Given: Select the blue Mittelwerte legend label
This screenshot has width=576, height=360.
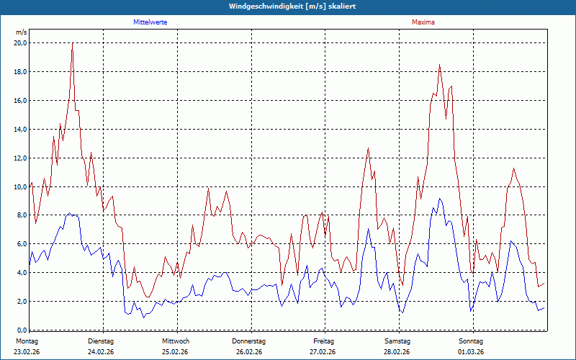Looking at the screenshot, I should click(150, 22).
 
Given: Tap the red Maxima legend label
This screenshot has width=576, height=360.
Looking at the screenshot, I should click(423, 22).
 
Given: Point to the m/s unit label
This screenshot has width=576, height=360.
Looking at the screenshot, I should click(21, 32).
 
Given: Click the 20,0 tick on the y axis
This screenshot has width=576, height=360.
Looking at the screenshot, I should click(20, 42).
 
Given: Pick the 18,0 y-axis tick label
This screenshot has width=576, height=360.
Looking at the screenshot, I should click(20, 71).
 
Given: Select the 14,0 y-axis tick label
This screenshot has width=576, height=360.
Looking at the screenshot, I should click(20, 129).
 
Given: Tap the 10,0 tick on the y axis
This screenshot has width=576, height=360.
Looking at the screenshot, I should click(20, 186).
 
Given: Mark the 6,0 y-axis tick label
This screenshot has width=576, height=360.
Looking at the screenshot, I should click(22, 244).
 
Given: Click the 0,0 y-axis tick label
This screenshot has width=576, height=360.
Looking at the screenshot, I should click(22, 330).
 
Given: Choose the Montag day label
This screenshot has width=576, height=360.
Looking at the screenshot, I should click(27, 341).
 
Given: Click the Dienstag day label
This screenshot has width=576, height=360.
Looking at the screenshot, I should click(101, 341).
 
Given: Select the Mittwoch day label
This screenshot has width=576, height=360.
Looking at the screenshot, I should click(176, 341).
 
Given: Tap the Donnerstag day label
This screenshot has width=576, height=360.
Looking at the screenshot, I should click(249, 341).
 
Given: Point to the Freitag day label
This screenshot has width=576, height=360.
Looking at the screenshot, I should click(324, 341).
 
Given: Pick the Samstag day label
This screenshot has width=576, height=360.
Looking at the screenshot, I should click(397, 341).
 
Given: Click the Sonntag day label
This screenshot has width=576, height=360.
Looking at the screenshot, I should click(471, 341).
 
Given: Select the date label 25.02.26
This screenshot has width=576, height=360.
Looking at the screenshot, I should click(175, 352).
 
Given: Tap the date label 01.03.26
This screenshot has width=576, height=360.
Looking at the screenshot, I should click(471, 352).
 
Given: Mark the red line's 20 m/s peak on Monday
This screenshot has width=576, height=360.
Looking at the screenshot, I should click(72, 43).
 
